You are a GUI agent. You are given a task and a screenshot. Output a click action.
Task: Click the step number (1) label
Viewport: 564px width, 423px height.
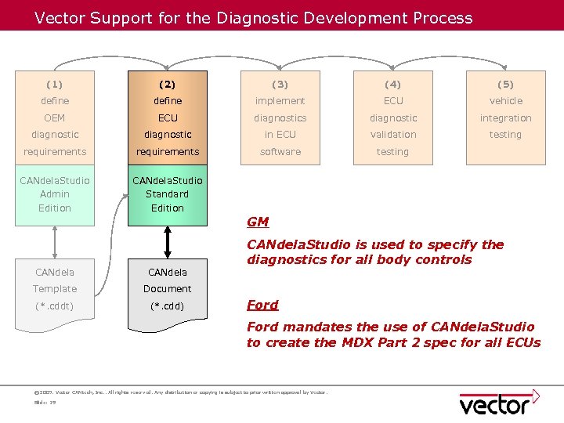(x=55, y=84)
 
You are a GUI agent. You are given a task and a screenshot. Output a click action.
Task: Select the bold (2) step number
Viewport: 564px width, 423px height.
(x=168, y=84)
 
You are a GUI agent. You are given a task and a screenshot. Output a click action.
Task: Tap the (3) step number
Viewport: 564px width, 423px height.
(x=280, y=84)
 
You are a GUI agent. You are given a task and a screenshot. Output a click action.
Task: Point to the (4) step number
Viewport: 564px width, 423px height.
(x=393, y=84)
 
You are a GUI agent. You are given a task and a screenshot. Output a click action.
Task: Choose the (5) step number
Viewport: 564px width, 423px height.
(x=505, y=84)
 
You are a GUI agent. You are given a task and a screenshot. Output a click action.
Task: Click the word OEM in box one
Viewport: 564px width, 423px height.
(x=55, y=117)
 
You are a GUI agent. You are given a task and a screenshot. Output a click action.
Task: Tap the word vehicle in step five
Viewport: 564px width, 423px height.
(x=505, y=101)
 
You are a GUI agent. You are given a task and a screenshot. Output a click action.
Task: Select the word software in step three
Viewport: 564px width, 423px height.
(x=280, y=151)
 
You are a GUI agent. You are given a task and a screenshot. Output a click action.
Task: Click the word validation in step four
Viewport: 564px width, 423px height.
(x=393, y=135)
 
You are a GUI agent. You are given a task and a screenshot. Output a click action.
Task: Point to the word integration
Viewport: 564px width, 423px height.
(x=505, y=117)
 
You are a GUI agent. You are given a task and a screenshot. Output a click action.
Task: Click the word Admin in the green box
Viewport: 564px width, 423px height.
(x=55, y=194)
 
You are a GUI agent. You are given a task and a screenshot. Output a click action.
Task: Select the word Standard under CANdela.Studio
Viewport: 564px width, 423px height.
(x=168, y=194)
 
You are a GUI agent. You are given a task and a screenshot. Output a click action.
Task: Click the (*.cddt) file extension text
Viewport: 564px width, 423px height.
(x=55, y=305)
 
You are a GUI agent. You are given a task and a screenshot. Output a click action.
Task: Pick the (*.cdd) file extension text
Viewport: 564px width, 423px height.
(x=168, y=305)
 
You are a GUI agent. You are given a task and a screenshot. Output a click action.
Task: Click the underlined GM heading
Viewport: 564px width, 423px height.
(x=258, y=222)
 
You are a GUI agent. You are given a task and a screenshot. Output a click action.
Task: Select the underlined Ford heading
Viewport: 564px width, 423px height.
(x=262, y=305)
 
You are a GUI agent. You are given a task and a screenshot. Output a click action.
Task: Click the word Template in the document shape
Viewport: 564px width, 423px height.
(x=55, y=289)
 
